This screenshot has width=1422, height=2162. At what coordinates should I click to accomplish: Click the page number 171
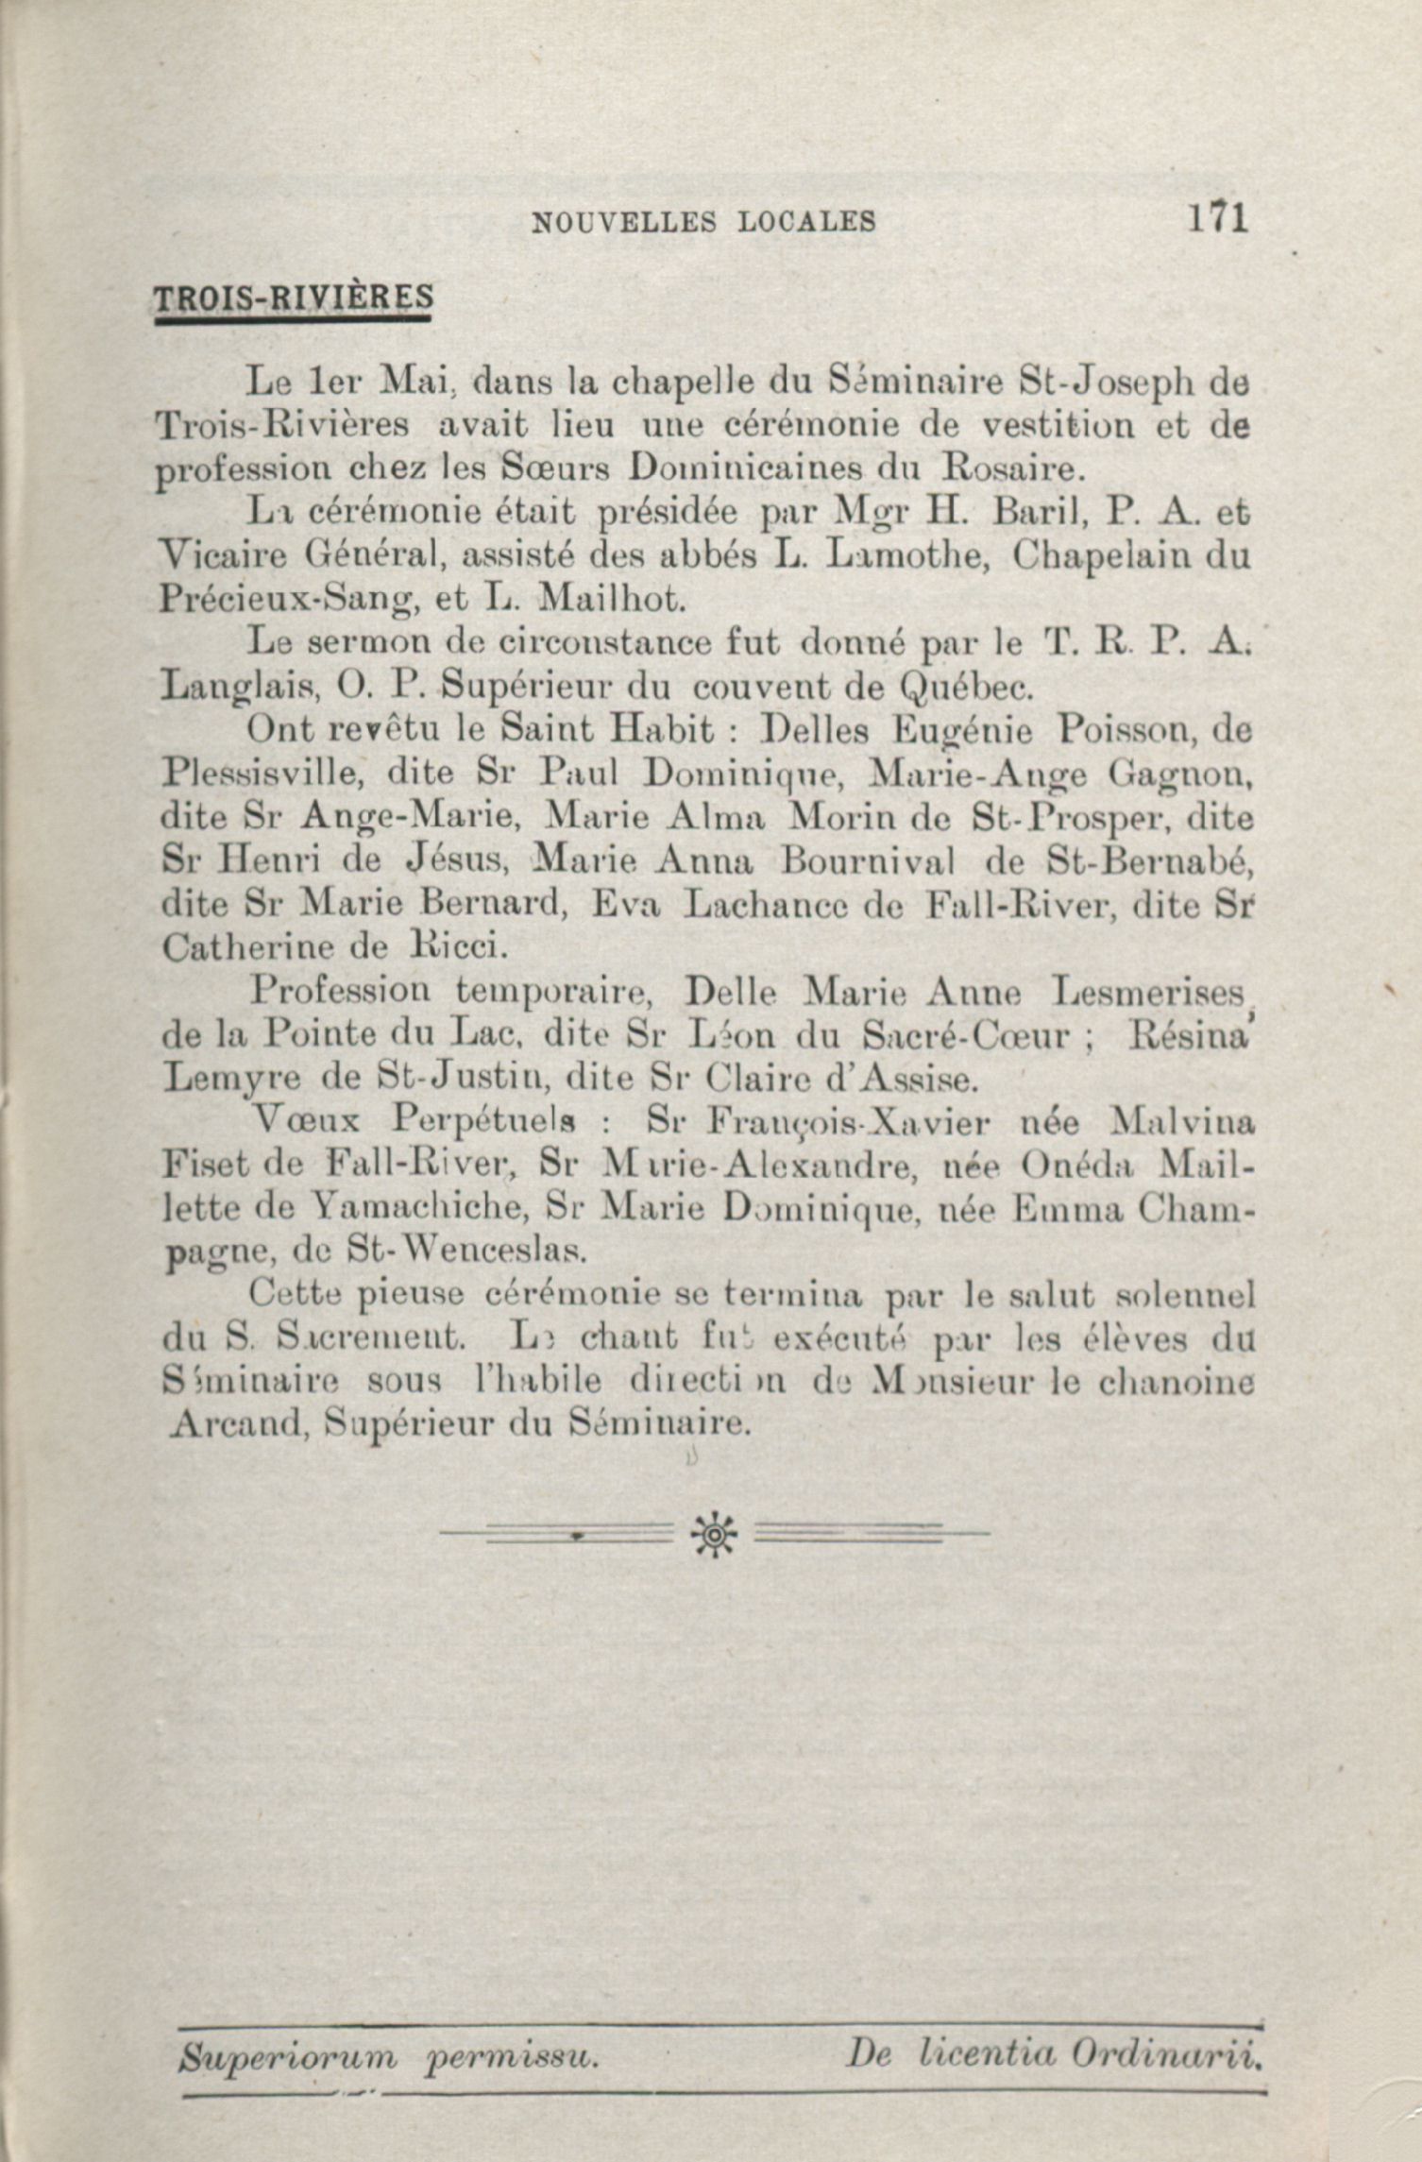(1218, 219)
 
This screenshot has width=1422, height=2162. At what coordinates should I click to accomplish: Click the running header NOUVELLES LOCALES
(703, 222)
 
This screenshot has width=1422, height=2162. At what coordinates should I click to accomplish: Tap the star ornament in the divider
(715, 1537)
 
